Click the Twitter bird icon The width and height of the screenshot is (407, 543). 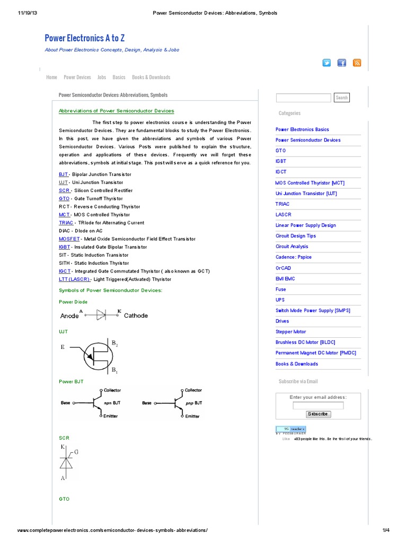(x=326, y=63)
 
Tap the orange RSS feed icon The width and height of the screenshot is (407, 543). (x=357, y=63)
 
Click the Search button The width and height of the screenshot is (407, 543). (x=342, y=98)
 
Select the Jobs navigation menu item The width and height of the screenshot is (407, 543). (x=101, y=77)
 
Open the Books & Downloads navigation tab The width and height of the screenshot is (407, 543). (x=151, y=77)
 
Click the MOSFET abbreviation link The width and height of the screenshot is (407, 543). (x=69, y=239)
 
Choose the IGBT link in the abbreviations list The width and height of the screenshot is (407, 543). (x=64, y=247)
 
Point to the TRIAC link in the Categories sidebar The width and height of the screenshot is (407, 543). (x=282, y=204)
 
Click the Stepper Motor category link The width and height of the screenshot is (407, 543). (x=290, y=332)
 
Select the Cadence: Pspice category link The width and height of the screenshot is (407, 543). (x=294, y=257)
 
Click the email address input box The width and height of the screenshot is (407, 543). (x=318, y=406)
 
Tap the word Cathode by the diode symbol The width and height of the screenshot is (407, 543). (x=136, y=316)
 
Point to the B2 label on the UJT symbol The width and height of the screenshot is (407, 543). (x=114, y=344)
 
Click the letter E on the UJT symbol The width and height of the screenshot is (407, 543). (x=63, y=347)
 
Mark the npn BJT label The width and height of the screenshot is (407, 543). (x=112, y=403)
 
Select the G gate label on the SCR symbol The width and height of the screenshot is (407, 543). (x=76, y=451)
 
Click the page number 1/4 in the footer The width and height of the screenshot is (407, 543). (x=385, y=530)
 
